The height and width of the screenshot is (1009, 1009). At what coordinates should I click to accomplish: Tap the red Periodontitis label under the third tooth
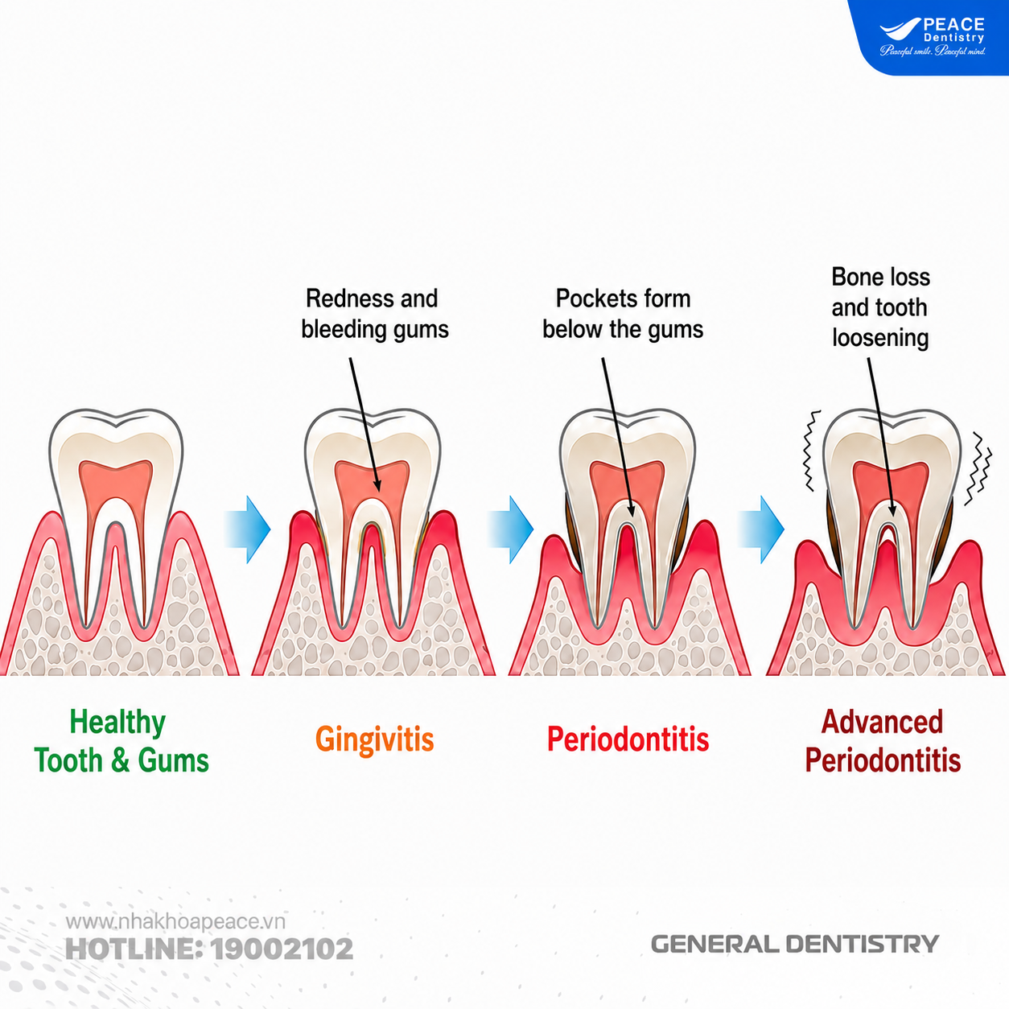click(628, 739)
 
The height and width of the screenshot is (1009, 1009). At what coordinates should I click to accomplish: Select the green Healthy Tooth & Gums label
click(121, 741)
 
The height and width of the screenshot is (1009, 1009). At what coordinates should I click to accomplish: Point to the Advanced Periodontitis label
click(883, 741)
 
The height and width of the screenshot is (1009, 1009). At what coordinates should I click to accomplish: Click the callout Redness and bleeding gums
click(374, 314)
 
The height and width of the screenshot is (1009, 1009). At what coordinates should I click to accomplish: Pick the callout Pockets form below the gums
click(623, 314)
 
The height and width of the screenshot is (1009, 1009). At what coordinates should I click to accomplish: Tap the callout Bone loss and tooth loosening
click(881, 307)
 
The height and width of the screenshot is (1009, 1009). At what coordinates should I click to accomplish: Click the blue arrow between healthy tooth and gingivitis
click(248, 529)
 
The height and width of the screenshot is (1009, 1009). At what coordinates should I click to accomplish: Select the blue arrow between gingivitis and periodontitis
click(510, 529)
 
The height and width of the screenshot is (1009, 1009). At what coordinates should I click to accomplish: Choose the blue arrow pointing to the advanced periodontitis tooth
click(761, 529)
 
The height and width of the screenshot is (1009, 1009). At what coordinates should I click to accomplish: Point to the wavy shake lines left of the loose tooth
click(811, 451)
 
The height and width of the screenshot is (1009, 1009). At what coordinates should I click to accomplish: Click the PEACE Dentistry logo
click(933, 37)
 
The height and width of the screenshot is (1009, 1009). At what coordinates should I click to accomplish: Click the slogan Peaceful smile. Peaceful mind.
click(933, 51)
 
